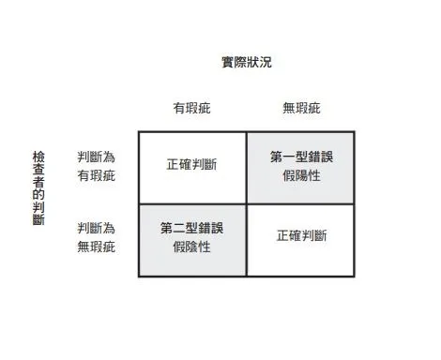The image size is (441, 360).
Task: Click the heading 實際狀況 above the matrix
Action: [x=247, y=63]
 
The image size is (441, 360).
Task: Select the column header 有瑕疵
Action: [x=191, y=108]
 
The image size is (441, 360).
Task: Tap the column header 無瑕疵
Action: [x=300, y=108]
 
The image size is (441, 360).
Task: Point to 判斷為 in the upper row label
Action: [x=96, y=157]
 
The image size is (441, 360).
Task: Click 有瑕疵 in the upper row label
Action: [x=96, y=175]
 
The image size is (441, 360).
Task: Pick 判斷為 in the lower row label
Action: [x=96, y=228]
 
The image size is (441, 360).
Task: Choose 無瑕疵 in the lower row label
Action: [x=96, y=247]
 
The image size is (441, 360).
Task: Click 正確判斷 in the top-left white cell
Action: [x=191, y=165]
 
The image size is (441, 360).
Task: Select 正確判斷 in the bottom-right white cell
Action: [x=301, y=236]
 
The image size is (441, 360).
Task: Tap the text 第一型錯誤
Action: [x=301, y=157]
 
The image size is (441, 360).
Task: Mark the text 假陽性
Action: [x=301, y=174]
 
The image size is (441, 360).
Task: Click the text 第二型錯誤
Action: [x=191, y=228]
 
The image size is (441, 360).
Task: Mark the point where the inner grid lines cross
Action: [x=247, y=203]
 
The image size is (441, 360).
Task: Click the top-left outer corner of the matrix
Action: [x=139, y=131]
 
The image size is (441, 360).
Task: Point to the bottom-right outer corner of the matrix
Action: [x=356, y=276]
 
